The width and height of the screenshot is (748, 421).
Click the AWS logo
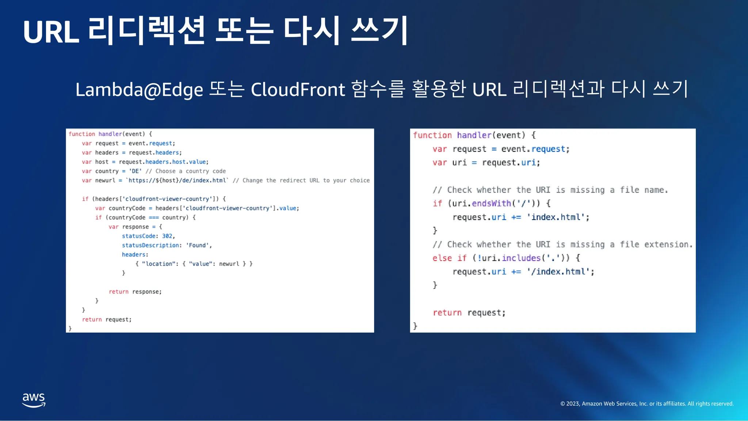[34, 400]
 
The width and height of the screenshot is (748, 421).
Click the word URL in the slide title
[51, 32]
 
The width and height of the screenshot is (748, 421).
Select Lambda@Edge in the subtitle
[139, 90]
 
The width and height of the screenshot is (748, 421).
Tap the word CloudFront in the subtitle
[298, 90]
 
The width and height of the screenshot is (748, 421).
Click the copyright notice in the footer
[647, 403]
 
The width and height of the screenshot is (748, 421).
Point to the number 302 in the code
[167, 236]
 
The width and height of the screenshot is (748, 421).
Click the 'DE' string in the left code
[135, 171]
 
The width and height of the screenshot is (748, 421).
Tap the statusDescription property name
[150, 245]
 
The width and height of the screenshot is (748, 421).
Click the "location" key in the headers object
[159, 264]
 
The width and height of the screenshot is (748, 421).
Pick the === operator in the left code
[154, 217]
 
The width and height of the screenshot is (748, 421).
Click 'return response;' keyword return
[119, 292]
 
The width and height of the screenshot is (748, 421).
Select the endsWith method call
[491, 203]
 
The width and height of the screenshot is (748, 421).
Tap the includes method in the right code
[521, 258]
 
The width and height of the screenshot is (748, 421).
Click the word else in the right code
[442, 258]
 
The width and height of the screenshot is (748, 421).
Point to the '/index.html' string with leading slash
[558, 272]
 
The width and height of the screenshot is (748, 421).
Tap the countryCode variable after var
[127, 208]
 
